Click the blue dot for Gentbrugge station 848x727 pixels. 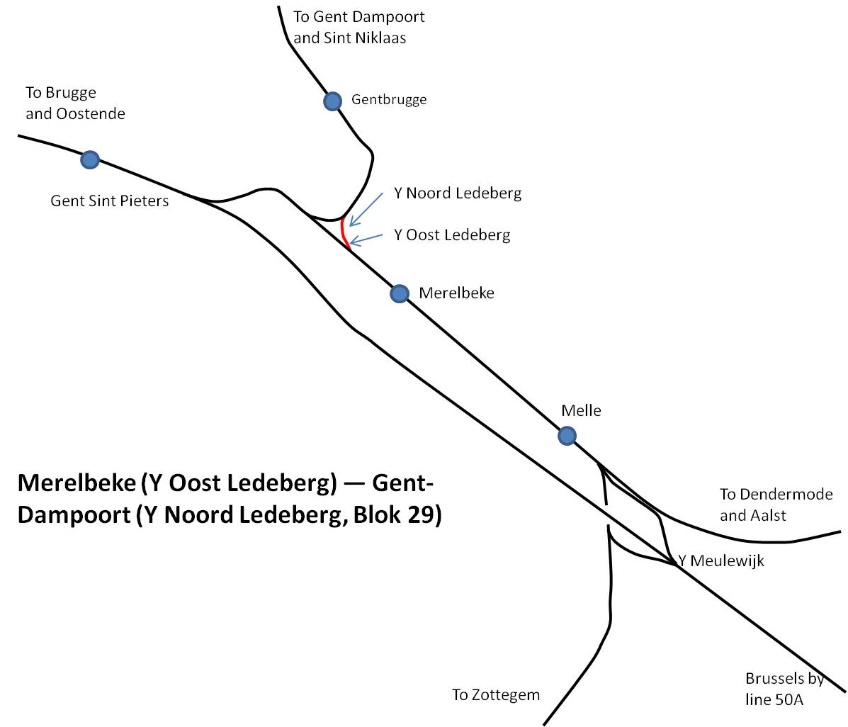(x=332, y=101)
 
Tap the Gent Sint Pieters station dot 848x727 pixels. (x=90, y=159)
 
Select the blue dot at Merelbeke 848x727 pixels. (x=400, y=294)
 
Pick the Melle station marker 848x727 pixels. (x=567, y=436)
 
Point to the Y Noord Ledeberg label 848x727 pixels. (x=458, y=193)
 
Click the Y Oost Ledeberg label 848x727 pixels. (x=452, y=235)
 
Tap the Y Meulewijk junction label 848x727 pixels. (x=721, y=560)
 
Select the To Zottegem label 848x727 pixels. (x=496, y=694)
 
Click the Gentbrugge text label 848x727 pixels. (x=389, y=99)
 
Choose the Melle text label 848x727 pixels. (x=582, y=410)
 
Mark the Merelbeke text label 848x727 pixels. (x=456, y=293)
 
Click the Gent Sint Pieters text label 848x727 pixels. (x=110, y=201)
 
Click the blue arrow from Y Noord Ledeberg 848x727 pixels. (x=366, y=209)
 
